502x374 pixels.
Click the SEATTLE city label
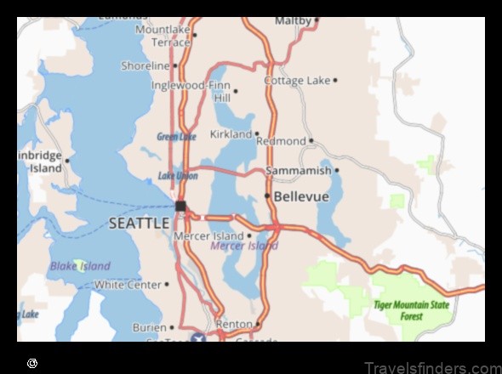point(139,223)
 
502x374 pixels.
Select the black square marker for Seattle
point(180,206)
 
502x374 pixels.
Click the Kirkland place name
point(230,133)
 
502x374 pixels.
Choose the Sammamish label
point(298,171)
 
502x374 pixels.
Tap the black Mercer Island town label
point(208,235)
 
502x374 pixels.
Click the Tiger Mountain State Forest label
point(411,310)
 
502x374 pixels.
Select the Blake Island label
point(80,265)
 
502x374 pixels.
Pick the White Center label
point(127,285)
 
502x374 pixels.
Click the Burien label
point(149,327)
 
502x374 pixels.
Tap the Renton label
point(234,324)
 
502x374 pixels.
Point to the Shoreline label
point(145,65)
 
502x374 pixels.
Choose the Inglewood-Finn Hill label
point(191,91)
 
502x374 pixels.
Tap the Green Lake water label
point(176,136)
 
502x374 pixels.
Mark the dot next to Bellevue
point(267,196)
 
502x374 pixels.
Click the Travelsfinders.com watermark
point(431,367)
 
